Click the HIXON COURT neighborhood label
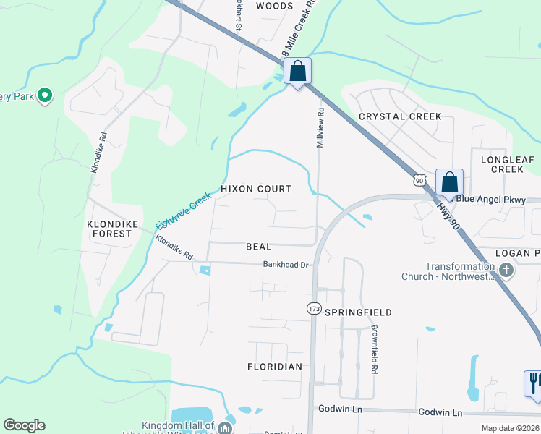point(255,189)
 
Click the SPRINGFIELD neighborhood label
point(358,312)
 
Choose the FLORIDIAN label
point(274,367)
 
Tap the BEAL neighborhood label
point(258,247)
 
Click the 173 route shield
point(313,309)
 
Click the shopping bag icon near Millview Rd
point(297,72)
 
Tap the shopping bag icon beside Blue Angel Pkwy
point(449,183)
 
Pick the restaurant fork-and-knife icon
point(534,382)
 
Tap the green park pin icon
point(45,95)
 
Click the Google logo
point(24,425)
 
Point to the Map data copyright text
point(510,428)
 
